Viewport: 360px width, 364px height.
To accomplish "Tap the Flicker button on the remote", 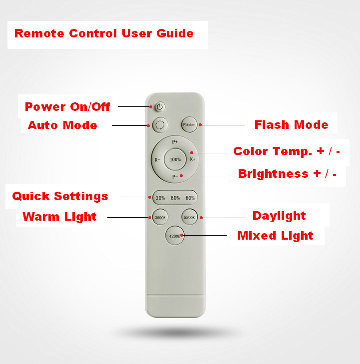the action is (189, 125).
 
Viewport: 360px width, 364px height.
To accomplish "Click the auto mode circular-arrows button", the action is (160, 125).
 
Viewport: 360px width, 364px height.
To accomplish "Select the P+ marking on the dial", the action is (175, 142).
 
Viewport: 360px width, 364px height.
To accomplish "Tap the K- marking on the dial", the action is (157, 160).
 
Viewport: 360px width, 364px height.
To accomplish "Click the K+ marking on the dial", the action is (193, 159).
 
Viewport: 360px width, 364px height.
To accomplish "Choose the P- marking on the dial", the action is (175, 177).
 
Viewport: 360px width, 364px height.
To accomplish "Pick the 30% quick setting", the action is (160, 198).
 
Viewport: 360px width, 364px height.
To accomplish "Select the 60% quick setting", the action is (175, 198).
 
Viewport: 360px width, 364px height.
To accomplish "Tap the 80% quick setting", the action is (190, 198).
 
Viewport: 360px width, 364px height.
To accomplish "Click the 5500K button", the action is (189, 217).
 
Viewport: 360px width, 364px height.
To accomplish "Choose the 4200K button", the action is (175, 236).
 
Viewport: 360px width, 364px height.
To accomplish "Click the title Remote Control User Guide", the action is (104, 33).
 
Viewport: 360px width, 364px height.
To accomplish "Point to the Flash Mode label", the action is (291, 125).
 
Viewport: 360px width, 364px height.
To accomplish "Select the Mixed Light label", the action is (275, 236).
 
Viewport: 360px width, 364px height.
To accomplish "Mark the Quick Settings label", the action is (60, 196).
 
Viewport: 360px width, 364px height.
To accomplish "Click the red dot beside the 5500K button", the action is (201, 218).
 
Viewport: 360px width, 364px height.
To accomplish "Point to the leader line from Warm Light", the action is (128, 218).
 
